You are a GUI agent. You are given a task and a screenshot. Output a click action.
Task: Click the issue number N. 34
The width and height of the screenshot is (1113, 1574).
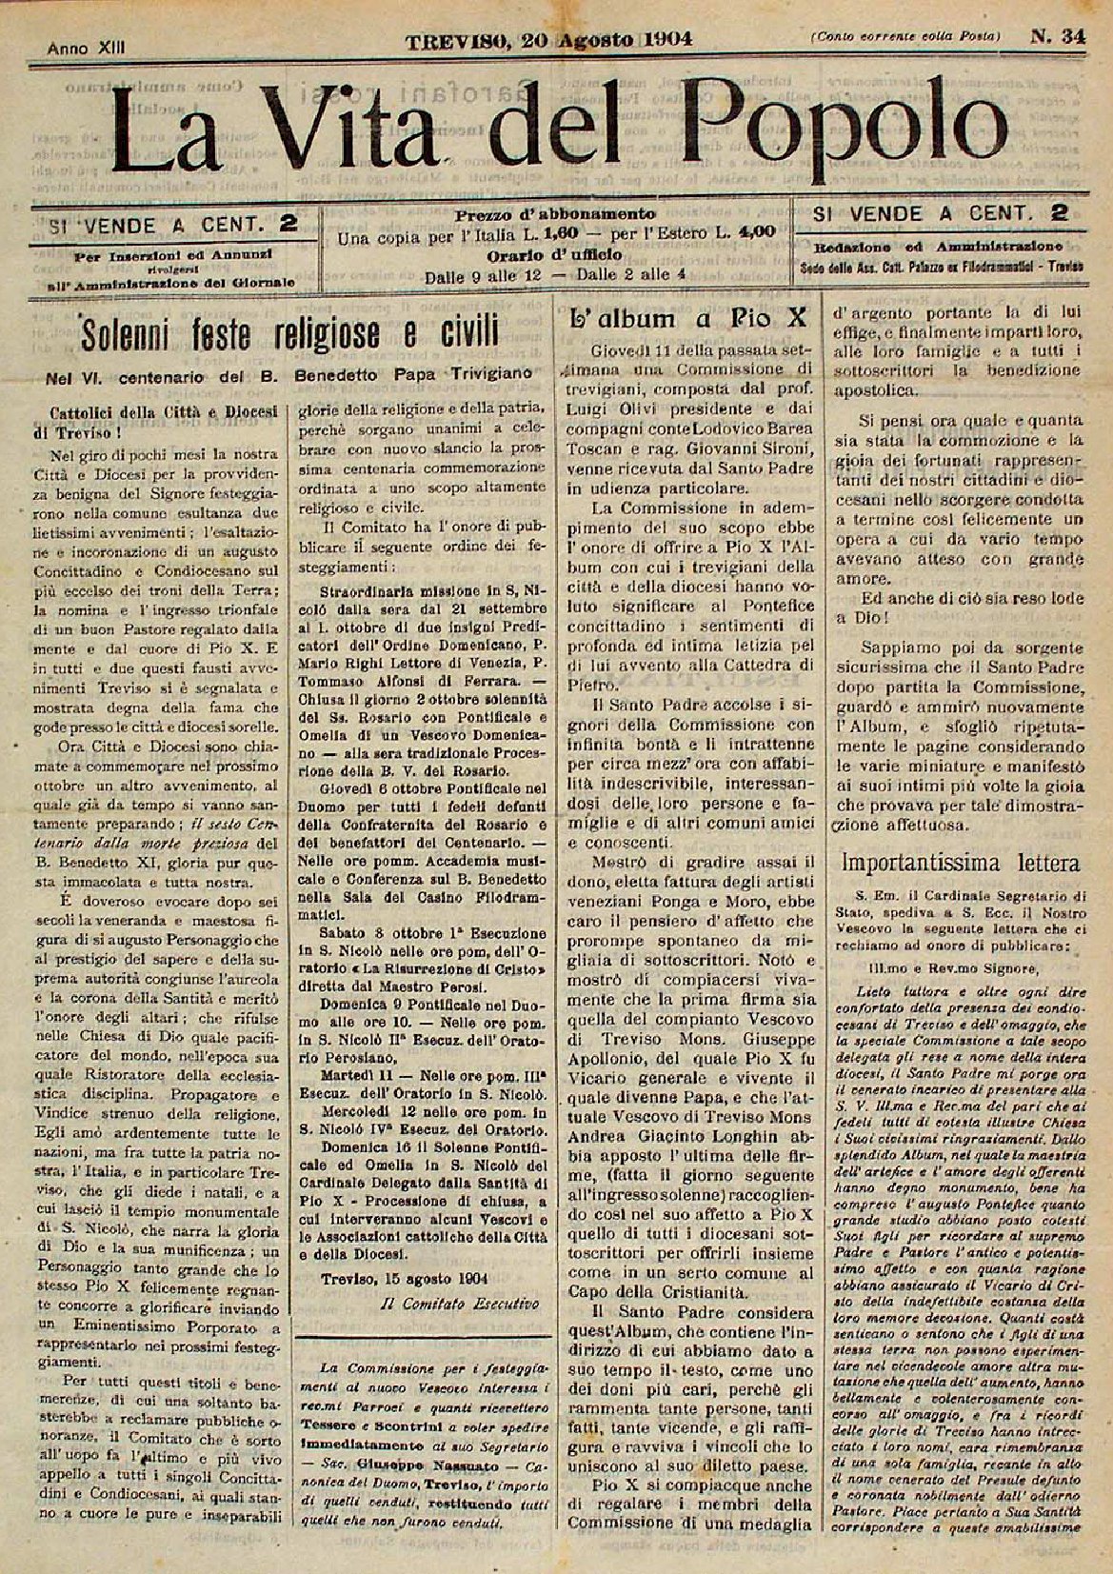click(1056, 37)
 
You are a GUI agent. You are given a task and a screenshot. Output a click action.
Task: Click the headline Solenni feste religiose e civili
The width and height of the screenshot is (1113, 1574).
click(288, 334)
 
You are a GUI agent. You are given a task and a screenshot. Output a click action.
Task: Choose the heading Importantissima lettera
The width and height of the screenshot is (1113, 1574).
click(961, 863)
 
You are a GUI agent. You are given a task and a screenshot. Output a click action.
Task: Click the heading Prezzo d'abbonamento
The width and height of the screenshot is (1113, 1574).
click(555, 213)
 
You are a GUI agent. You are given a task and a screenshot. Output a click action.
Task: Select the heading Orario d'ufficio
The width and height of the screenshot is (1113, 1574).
click(555, 254)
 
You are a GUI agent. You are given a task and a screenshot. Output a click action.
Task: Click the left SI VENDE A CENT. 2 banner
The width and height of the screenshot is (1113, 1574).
click(172, 226)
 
